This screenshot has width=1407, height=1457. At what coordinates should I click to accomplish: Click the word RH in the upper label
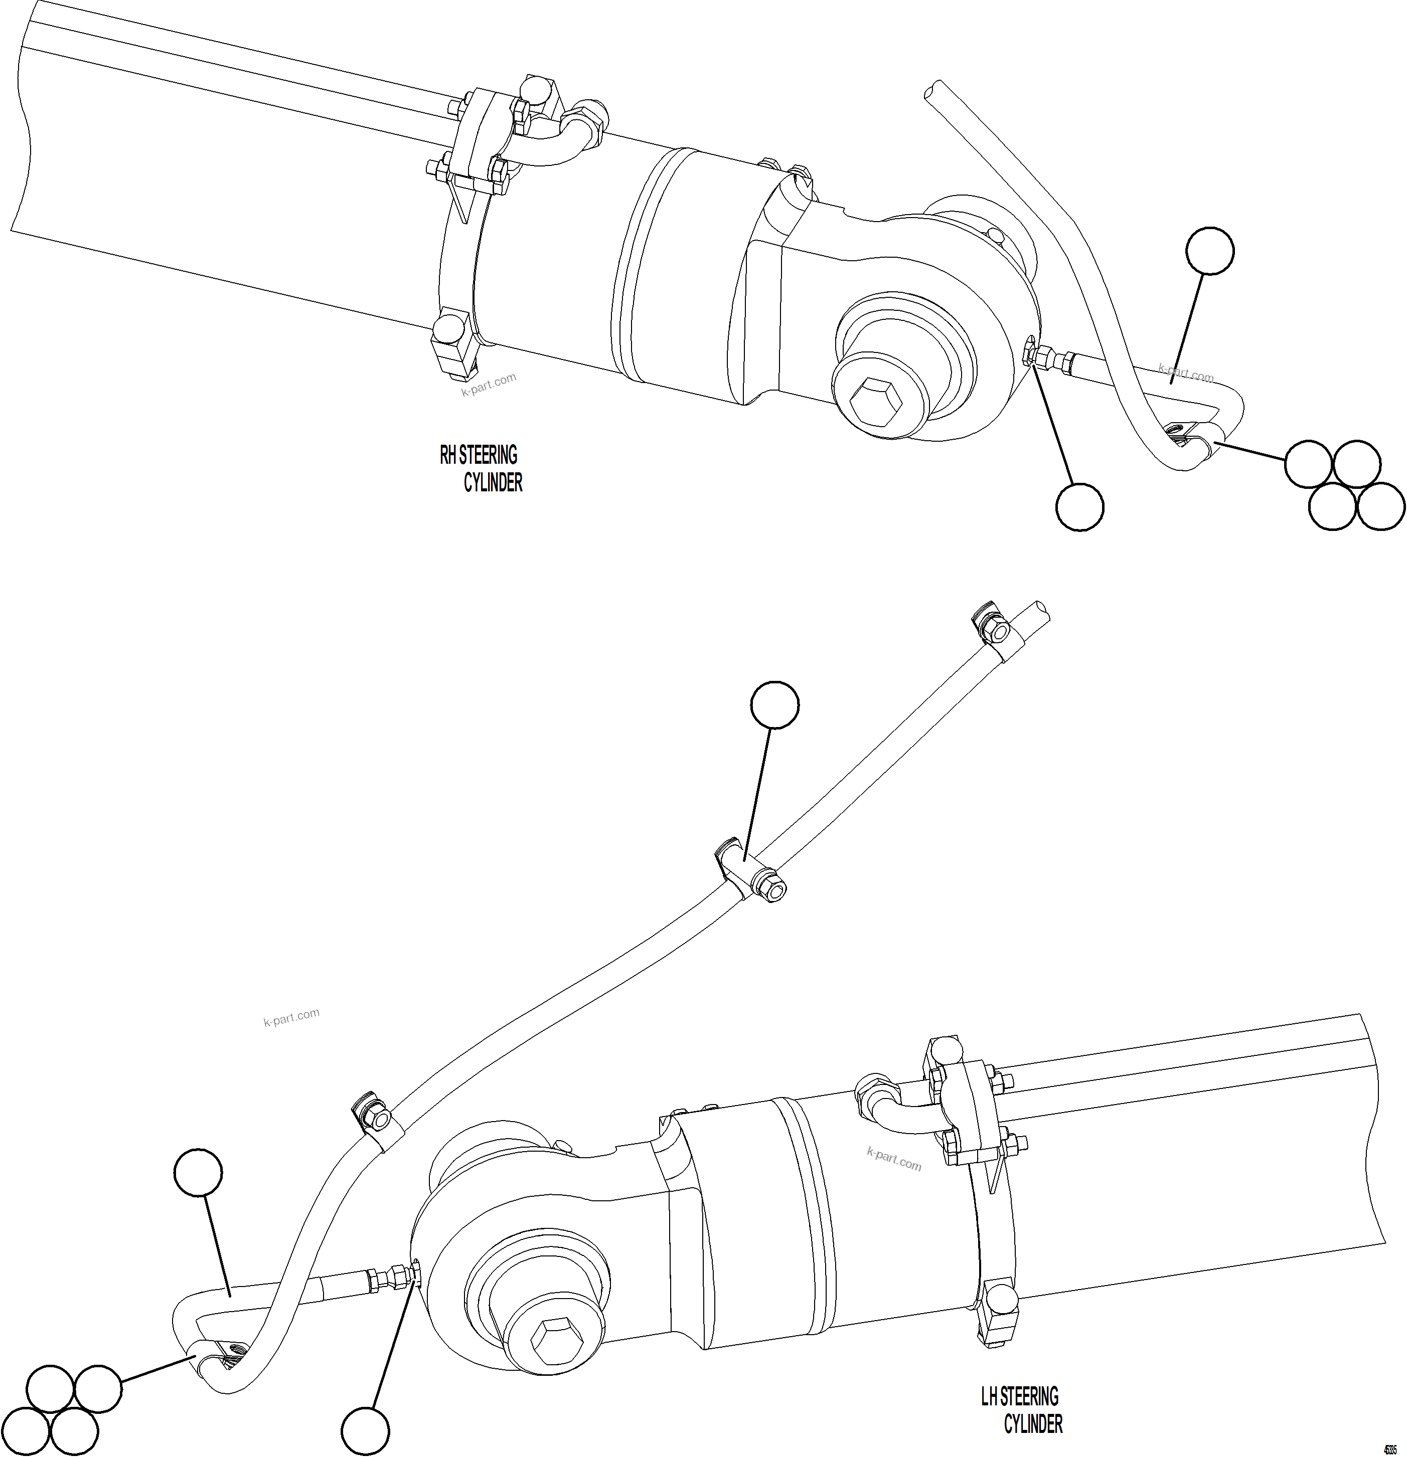(448, 454)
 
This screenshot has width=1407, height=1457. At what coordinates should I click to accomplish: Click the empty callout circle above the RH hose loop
(1210, 251)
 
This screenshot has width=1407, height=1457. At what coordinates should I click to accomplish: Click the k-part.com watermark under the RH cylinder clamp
(488, 385)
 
